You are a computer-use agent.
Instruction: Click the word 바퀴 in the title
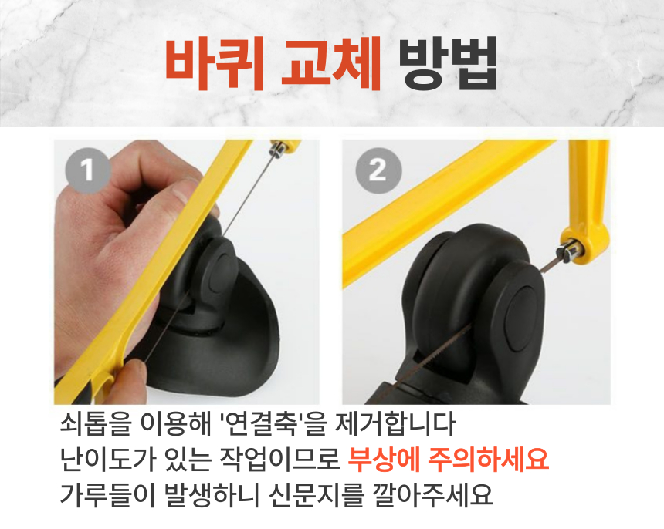point(215,63)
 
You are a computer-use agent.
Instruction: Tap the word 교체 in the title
point(331,63)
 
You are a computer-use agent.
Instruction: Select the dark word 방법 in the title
point(448,63)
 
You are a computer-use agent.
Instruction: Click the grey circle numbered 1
point(88,170)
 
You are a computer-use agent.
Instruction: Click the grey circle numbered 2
point(378,170)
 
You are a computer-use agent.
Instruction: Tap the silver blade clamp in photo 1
point(277,150)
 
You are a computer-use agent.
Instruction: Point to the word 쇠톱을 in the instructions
point(95,424)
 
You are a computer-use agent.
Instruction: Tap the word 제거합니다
point(395,424)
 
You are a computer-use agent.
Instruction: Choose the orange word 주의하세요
point(489,460)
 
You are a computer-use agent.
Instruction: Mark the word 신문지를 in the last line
point(317,494)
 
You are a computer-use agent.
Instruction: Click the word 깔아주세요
point(433,494)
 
